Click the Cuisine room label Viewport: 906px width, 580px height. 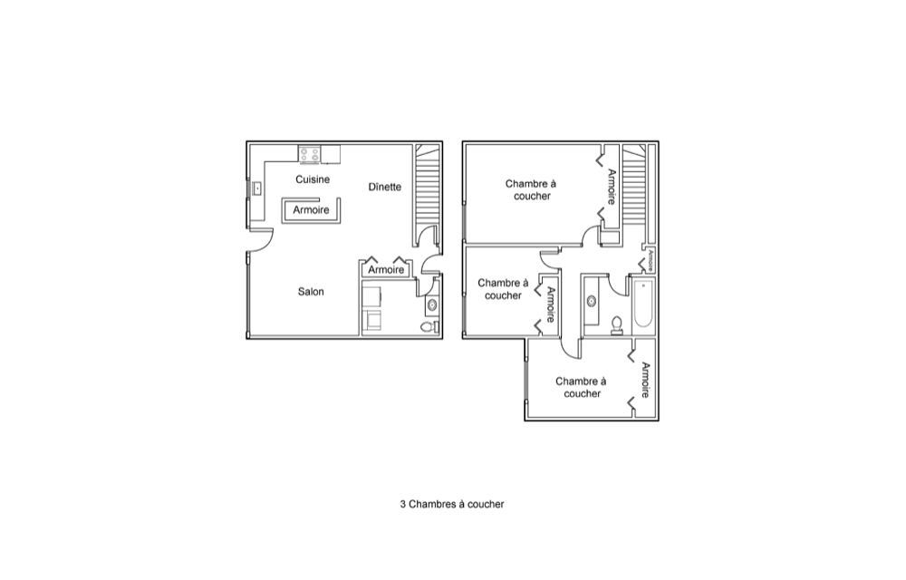click(x=313, y=179)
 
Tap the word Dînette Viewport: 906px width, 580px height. click(x=385, y=188)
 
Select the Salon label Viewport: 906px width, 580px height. click(x=311, y=292)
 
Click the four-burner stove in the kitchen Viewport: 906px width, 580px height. click(x=309, y=155)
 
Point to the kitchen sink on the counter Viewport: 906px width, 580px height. click(x=256, y=188)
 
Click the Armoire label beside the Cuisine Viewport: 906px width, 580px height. click(x=311, y=210)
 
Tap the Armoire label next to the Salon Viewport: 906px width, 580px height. click(x=386, y=270)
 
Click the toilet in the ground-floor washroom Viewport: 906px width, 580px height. click(x=428, y=327)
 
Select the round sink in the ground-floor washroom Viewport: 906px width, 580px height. click(x=432, y=305)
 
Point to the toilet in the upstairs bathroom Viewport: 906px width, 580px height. click(x=617, y=325)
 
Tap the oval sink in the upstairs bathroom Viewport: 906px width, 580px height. click(x=591, y=301)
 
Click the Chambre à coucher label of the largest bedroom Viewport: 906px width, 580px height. click(x=531, y=190)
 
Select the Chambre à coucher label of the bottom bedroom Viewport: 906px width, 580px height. click(x=582, y=388)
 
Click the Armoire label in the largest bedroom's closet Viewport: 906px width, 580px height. click(x=612, y=187)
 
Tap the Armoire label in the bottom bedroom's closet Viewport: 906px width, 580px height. click(x=645, y=380)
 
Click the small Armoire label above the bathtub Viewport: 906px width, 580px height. click(x=650, y=260)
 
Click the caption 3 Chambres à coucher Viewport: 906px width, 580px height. click(x=452, y=504)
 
